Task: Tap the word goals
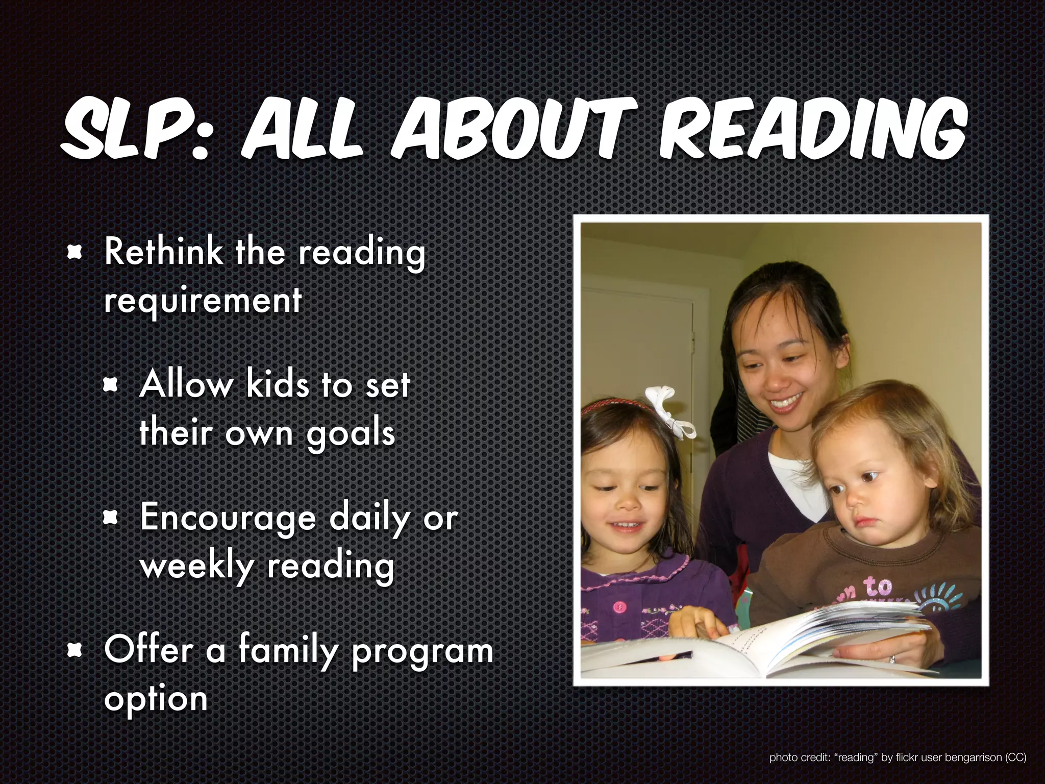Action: click(351, 434)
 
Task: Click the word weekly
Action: click(197, 566)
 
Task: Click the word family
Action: click(288, 650)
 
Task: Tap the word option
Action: click(156, 699)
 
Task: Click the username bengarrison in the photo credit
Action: click(974, 757)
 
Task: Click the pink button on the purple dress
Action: click(619, 606)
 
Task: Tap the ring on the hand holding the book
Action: click(892, 659)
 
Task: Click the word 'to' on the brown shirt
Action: click(878, 586)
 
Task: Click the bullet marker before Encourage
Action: click(111, 518)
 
